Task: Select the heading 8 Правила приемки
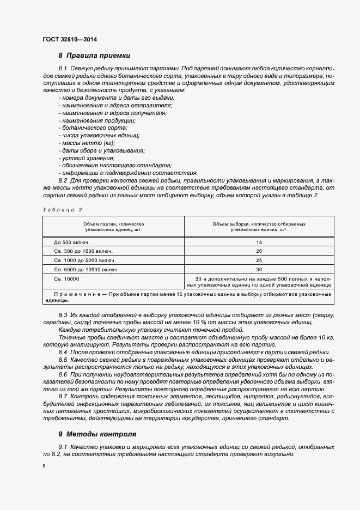(x=94, y=56)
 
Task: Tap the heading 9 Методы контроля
(x=97, y=434)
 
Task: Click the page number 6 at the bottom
(x=44, y=466)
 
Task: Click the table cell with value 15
(x=259, y=241)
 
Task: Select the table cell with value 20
(x=259, y=251)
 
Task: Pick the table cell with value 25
(x=259, y=260)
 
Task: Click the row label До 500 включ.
(x=71, y=241)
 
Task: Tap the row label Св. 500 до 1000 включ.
(x=83, y=251)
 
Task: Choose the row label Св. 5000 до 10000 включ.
(x=86, y=269)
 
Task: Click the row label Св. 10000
(x=66, y=278)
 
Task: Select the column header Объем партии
(x=113, y=227)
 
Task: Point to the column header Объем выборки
(x=259, y=227)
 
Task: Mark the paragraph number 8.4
(x=63, y=353)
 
